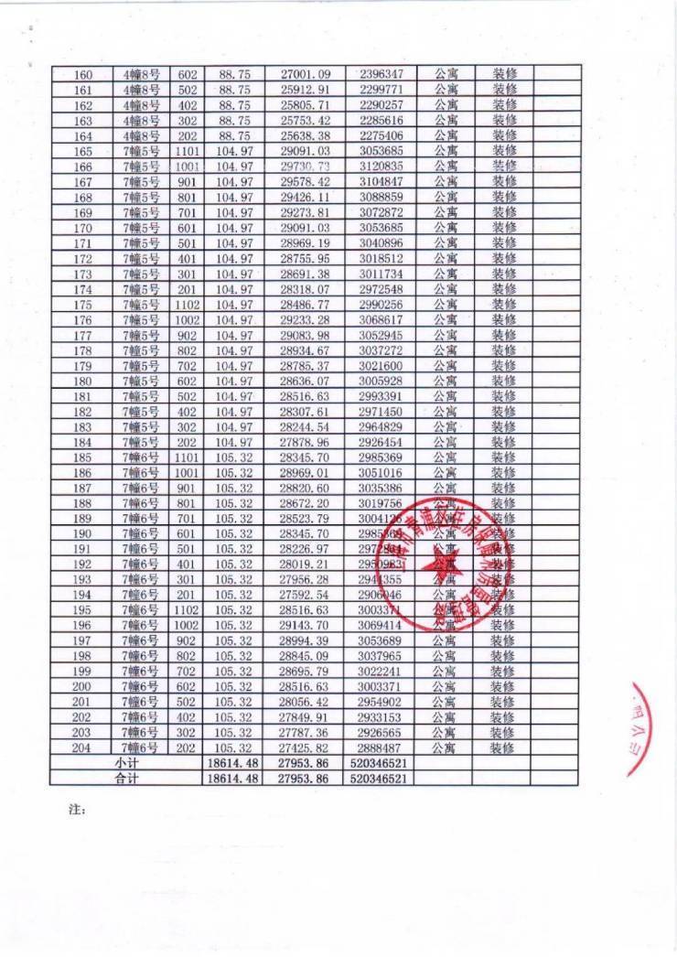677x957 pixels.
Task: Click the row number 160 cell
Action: point(82,73)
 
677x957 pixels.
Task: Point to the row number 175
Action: point(82,304)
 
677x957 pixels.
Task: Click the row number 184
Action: point(82,442)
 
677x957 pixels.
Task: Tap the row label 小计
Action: point(125,763)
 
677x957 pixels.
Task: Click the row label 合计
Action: point(125,779)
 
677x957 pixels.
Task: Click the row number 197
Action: point(82,640)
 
